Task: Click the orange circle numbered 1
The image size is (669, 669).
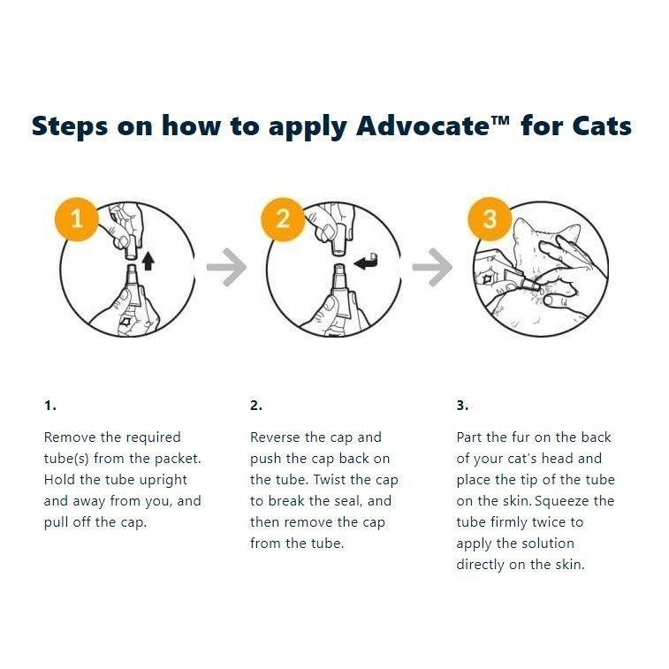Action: tap(77, 217)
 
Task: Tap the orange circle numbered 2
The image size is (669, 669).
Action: tap(283, 217)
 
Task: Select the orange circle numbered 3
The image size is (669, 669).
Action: tap(490, 217)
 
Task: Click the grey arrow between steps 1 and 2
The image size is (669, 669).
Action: tap(226, 268)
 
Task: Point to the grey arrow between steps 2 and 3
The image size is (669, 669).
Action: tap(432, 268)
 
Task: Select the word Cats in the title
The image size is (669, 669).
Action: tap(600, 125)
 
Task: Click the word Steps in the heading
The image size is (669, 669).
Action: tap(70, 125)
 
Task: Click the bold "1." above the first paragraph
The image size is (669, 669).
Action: tap(50, 406)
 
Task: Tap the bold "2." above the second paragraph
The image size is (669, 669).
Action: tap(256, 406)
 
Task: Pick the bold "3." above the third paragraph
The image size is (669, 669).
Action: tap(462, 406)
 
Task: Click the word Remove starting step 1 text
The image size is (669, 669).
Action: tap(69, 437)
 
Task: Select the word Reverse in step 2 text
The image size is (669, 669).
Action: tap(277, 437)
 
